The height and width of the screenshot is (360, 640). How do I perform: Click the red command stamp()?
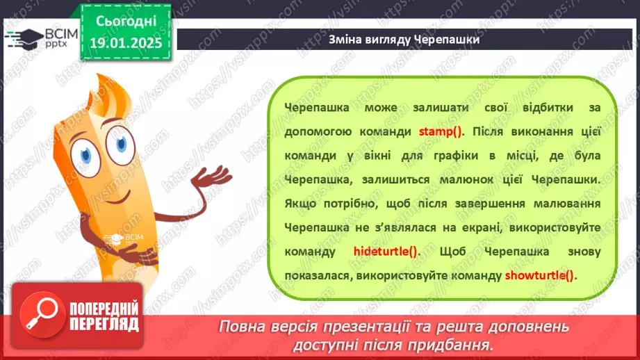445,131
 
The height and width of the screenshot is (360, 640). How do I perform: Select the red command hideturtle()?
385,251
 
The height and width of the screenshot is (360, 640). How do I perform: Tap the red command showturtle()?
540,275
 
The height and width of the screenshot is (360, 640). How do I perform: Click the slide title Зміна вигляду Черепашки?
404,40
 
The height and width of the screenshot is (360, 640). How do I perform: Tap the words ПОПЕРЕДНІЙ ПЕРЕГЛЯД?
104,317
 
